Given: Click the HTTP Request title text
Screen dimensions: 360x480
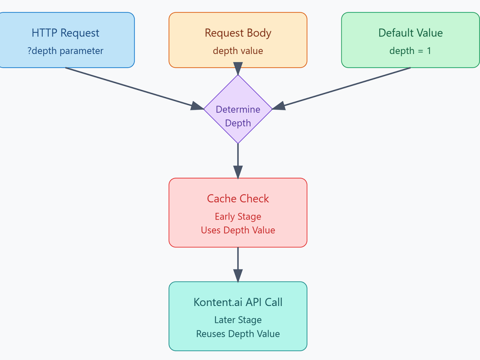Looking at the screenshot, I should tap(66, 33).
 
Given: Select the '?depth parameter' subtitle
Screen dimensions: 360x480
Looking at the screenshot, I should tap(66, 51).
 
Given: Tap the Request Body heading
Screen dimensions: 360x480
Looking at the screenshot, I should tap(238, 33).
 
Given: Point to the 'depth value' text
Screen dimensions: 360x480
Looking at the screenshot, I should tap(238, 51).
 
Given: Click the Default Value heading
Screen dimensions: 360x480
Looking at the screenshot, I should tap(410, 33).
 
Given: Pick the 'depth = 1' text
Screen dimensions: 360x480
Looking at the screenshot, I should tap(410, 51).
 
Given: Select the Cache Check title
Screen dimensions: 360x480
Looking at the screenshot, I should tap(238, 198).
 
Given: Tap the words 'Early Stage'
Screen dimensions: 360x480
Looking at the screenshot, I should tap(238, 216).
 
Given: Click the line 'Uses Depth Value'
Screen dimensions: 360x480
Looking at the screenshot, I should tap(238, 230).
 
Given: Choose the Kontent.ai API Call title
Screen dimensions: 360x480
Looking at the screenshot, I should tap(238, 302).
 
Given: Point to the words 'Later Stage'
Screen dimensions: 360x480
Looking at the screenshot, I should tap(238, 320).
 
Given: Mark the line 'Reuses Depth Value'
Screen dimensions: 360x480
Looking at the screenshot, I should tap(238, 334).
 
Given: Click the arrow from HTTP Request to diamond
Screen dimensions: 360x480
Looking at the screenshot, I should tap(132, 87).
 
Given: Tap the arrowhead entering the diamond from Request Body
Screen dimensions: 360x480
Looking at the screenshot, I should tap(238, 68).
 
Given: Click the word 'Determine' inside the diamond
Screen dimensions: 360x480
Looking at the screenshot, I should tap(238, 109).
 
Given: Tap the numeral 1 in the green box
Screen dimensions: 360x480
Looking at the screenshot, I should tap(429, 51).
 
